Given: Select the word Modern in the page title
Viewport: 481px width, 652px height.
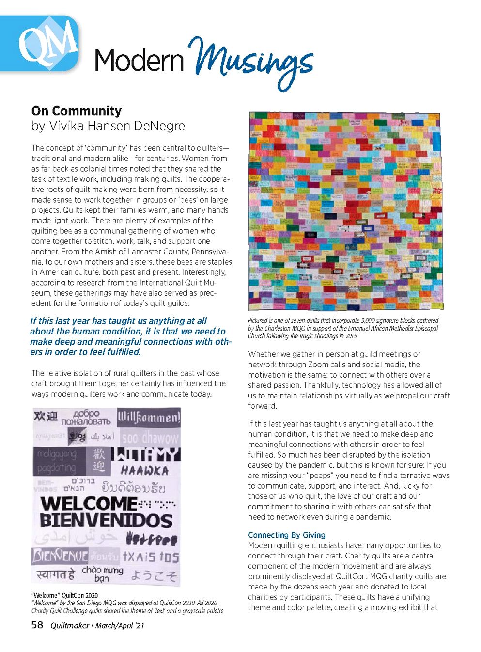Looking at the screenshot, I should [x=140, y=61].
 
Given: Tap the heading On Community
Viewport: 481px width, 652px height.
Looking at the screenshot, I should [x=76, y=111].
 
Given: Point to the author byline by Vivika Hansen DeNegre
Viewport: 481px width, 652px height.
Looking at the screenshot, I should [x=108, y=126].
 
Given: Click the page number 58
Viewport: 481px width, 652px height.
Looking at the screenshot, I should [x=37, y=625].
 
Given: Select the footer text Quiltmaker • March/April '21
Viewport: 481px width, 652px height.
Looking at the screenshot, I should [x=97, y=625].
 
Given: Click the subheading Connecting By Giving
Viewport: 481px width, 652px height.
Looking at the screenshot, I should [x=286, y=535].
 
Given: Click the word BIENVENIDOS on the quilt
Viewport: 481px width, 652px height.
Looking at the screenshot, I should [x=106, y=521].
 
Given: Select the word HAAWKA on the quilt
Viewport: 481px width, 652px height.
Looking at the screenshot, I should [x=145, y=470].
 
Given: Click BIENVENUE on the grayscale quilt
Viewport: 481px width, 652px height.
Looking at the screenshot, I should [x=60, y=556].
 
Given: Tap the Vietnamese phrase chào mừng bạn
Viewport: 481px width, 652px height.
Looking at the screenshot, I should [x=102, y=573].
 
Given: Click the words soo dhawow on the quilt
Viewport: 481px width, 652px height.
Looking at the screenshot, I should [x=150, y=438].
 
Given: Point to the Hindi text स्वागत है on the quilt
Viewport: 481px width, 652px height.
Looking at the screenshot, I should [x=56, y=575].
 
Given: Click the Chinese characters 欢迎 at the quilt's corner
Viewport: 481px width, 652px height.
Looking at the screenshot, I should [x=46, y=416].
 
